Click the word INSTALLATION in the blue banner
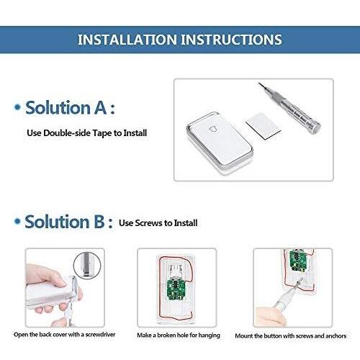pyautogui.click(x=127, y=40)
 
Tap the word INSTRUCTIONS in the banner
pyautogui.click(x=232, y=40)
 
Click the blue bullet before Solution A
pyautogui.click(x=17, y=107)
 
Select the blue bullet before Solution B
pyautogui.click(x=17, y=221)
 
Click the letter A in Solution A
pyautogui.click(x=100, y=107)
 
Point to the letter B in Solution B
pyautogui.click(x=99, y=222)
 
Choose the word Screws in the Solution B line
pyautogui.click(x=148, y=223)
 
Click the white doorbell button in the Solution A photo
pyautogui.click(x=220, y=142)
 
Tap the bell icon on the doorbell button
pyautogui.click(x=213, y=129)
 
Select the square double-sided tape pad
pyautogui.click(x=264, y=126)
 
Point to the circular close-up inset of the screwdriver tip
pyautogui.click(x=87, y=265)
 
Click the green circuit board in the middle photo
pyautogui.click(x=176, y=289)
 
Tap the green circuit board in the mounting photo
pyautogui.click(x=298, y=261)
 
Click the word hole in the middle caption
pyautogui.click(x=184, y=335)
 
